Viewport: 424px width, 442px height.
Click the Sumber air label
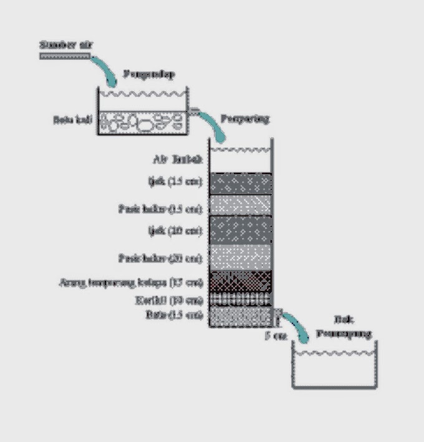[62, 44]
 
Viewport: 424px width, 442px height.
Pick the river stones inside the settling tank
[143, 122]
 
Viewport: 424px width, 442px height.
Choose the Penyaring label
[244, 119]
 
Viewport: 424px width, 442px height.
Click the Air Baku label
[181, 160]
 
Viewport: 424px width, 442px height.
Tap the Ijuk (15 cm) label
[179, 182]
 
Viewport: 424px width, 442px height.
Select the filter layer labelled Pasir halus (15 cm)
[241, 204]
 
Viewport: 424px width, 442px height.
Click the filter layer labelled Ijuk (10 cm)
[241, 230]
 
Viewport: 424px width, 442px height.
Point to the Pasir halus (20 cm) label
[161, 257]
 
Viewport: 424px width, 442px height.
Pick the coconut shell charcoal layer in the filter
[241, 282]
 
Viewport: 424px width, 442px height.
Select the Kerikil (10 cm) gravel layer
[241, 300]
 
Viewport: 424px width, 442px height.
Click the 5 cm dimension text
[276, 336]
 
